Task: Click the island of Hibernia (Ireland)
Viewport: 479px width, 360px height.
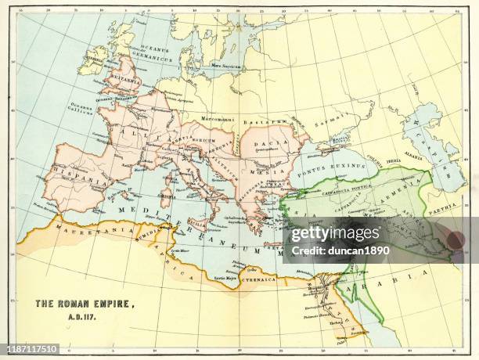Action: (94, 59)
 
